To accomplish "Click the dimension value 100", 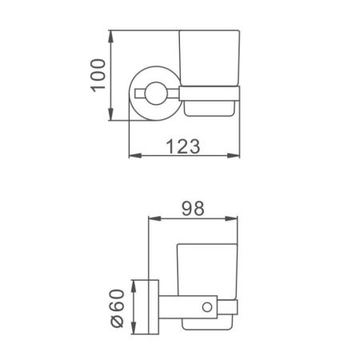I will click(x=97, y=76).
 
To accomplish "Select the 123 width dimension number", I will click(x=182, y=146).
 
